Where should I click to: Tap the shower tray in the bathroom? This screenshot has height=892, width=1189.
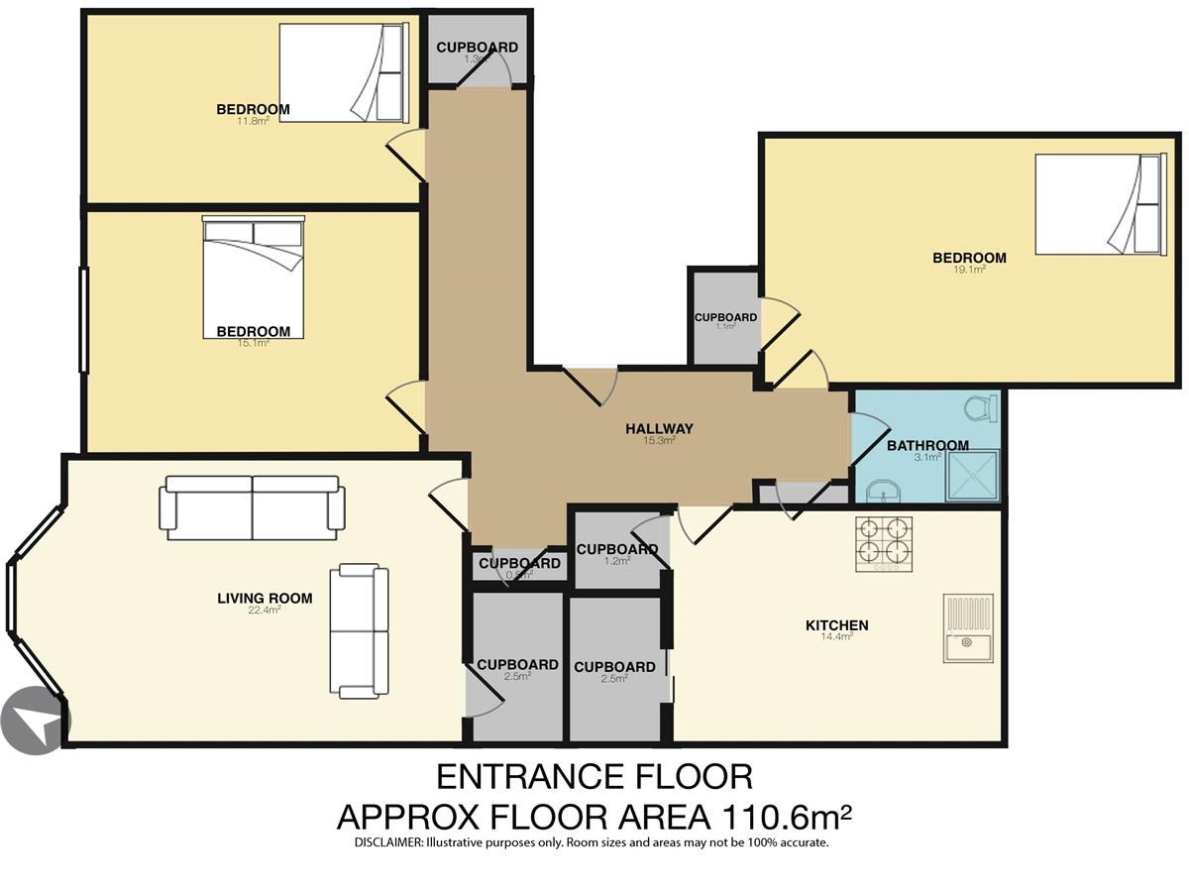972,476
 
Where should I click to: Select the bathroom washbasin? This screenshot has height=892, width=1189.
883,492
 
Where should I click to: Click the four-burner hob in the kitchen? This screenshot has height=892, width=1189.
884,544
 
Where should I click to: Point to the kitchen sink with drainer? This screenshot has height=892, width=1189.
968,628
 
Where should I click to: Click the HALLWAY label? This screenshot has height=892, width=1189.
659,428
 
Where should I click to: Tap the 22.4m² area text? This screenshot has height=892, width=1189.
265,611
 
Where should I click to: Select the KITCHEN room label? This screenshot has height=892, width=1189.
837,625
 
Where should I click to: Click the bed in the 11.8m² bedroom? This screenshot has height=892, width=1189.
344,72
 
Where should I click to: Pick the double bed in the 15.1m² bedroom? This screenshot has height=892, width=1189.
253,277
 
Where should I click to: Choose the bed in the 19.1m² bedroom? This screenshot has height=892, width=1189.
1101,204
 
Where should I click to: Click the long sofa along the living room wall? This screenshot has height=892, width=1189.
252,508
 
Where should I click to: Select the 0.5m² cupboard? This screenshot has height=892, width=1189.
519,567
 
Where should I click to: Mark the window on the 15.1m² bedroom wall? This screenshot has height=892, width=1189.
84,320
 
